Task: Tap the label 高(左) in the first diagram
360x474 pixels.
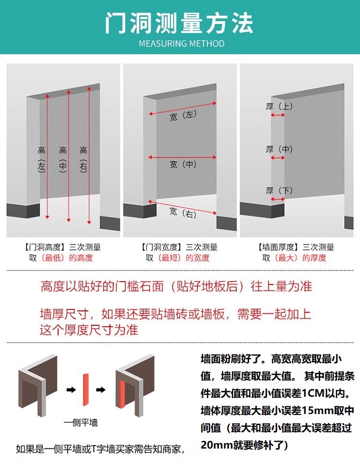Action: coord(42,158)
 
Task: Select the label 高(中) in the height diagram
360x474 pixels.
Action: coord(63,158)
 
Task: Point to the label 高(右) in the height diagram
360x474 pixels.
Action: coord(84,158)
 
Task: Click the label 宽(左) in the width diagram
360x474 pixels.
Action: coord(183,116)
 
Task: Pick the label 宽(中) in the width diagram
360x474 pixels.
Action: coord(183,165)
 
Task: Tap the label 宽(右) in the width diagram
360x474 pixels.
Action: coord(183,213)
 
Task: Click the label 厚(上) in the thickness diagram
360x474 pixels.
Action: coord(279,107)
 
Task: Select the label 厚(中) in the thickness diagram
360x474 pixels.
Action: coord(279,149)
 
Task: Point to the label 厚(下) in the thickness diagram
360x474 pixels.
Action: coord(279,191)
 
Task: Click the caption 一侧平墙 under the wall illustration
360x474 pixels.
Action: coord(81,423)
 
